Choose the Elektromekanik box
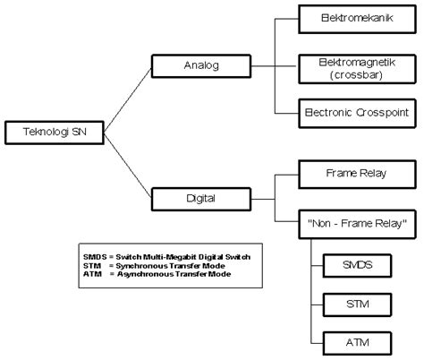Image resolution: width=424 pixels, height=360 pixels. [x=355, y=18]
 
